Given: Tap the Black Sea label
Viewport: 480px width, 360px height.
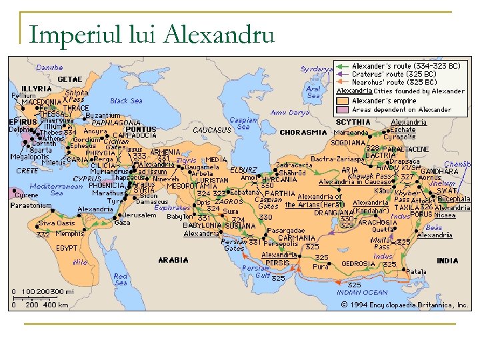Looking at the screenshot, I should tap(126, 101).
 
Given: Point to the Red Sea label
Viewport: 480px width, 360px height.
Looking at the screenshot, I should tap(121, 279).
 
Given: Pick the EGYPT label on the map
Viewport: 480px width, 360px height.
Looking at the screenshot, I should tap(66, 248).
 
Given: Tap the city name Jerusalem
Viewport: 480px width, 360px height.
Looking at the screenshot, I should tap(139, 215).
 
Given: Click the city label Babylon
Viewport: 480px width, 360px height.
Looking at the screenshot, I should tap(179, 217).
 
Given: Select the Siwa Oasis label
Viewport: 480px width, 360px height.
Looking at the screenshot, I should tap(57, 223).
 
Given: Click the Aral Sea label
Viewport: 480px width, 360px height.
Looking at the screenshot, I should tap(313, 92).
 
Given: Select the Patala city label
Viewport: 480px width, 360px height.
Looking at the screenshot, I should tap(416, 271).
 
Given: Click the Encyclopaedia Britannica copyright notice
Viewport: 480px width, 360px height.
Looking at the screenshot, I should tap(405, 305).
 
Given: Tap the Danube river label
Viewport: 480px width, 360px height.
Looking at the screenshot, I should tap(50, 67).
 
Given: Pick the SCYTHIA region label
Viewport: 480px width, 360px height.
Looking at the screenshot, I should tap(353, 122).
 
